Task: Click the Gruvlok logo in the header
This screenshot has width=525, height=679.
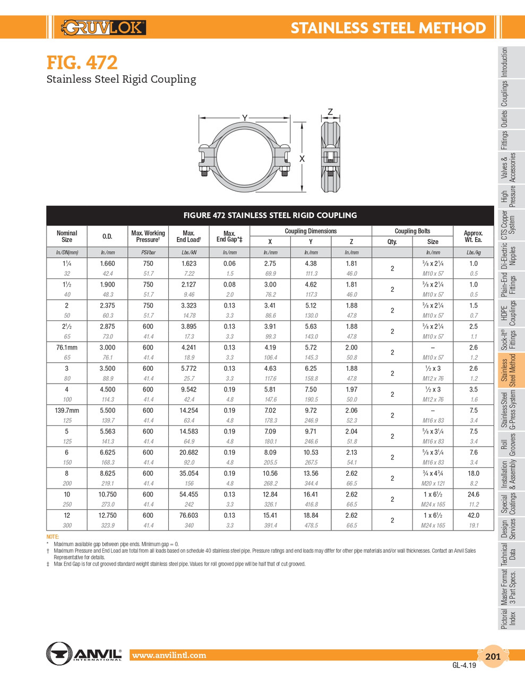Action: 104,27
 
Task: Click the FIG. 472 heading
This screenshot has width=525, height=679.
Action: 82,63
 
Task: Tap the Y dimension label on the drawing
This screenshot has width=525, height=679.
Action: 245,118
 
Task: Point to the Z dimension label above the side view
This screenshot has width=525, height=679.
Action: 330,112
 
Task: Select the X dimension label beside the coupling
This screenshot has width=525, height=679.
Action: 302,159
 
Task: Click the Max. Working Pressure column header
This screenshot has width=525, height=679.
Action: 148,236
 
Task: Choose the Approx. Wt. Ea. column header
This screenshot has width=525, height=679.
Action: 473,236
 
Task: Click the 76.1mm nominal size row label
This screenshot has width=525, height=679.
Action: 67,347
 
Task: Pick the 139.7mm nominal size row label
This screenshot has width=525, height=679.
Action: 67,411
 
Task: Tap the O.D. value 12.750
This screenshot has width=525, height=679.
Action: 107,515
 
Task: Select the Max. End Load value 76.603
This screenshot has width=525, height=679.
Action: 188,515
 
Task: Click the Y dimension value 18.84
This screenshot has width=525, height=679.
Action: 311,515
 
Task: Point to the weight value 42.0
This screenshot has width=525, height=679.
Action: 473,515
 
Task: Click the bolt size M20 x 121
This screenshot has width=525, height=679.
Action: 433,483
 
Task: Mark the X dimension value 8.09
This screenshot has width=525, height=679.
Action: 270,452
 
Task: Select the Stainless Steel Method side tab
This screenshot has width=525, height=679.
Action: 509,371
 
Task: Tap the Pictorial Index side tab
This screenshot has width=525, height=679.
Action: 509,619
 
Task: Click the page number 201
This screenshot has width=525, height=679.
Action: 493,656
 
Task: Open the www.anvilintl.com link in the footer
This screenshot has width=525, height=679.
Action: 169,656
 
